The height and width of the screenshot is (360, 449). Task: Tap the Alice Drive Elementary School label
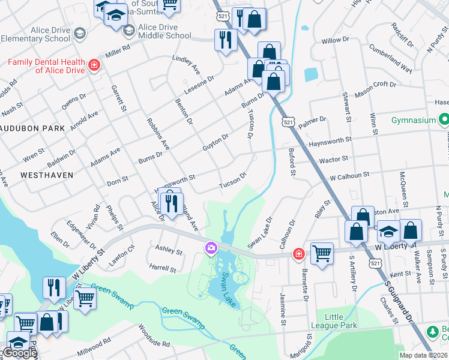click(35, 34)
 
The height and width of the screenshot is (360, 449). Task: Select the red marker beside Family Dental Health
click(93, 65)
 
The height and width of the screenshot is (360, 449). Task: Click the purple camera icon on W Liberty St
click(211, 247)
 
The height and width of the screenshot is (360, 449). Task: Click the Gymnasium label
click(413, 120)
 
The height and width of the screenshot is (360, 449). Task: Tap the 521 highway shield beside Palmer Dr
click(289, 122)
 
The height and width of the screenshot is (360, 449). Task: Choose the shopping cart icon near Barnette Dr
click(322, 253)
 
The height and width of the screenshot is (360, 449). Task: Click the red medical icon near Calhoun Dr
click(298, 254)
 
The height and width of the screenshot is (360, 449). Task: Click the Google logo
click(20, 353)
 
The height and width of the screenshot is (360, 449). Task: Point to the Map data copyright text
click(424, 355)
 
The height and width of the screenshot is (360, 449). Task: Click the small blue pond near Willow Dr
click(311, 75)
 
